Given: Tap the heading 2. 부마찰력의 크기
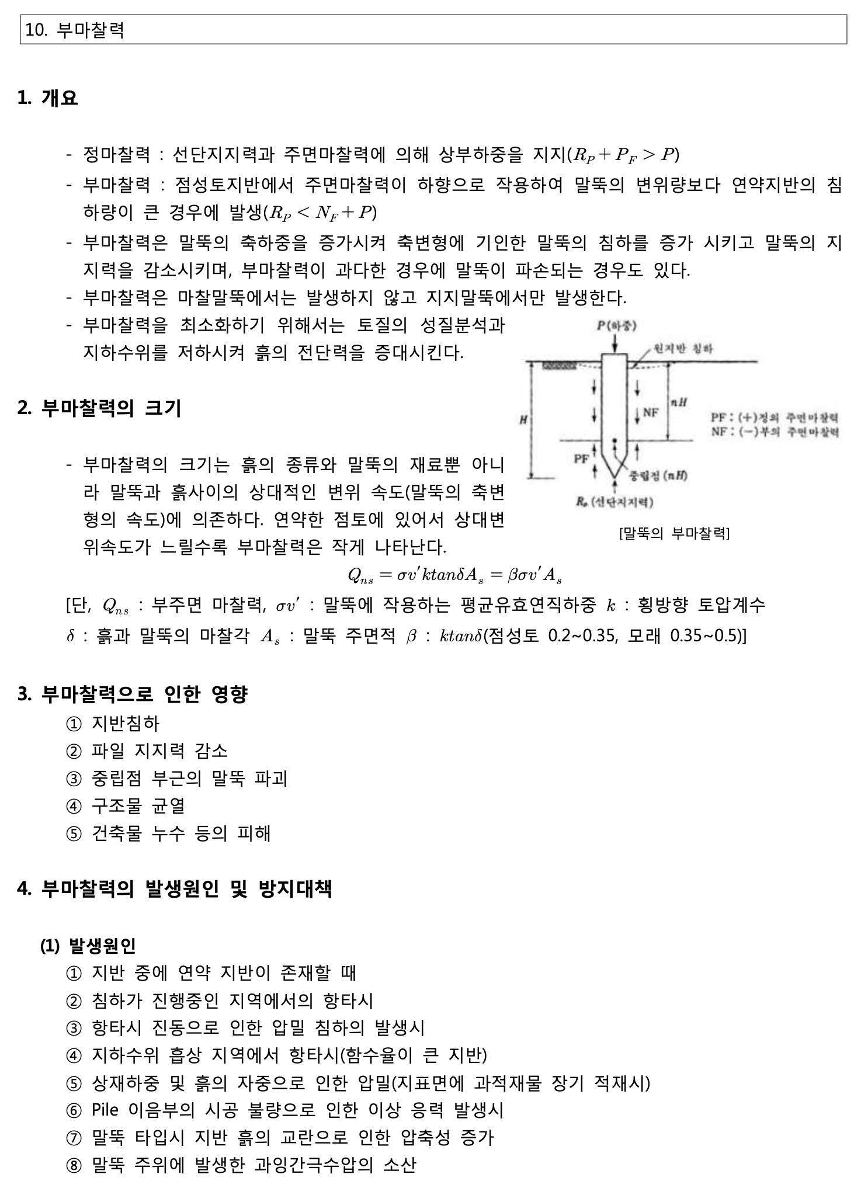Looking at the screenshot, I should (99, 408).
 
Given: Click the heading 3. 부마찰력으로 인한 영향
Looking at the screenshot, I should (133, 694).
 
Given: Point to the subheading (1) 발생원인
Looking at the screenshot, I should (88, 945).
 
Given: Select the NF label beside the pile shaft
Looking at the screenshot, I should (651, 412).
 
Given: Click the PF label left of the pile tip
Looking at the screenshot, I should (581, 458).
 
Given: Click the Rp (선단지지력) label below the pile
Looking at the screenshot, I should (614, 502).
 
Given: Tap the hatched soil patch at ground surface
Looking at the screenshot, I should (559, 366).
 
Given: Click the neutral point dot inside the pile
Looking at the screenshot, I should (613, 440).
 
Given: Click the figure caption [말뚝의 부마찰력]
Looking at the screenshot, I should (674, 533).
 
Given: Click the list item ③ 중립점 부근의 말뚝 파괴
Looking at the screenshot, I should (177, 778).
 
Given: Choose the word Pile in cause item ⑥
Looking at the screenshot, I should (106, 1109).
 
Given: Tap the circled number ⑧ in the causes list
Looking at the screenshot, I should (74, 1166).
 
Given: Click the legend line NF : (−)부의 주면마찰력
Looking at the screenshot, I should (775, 432).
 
